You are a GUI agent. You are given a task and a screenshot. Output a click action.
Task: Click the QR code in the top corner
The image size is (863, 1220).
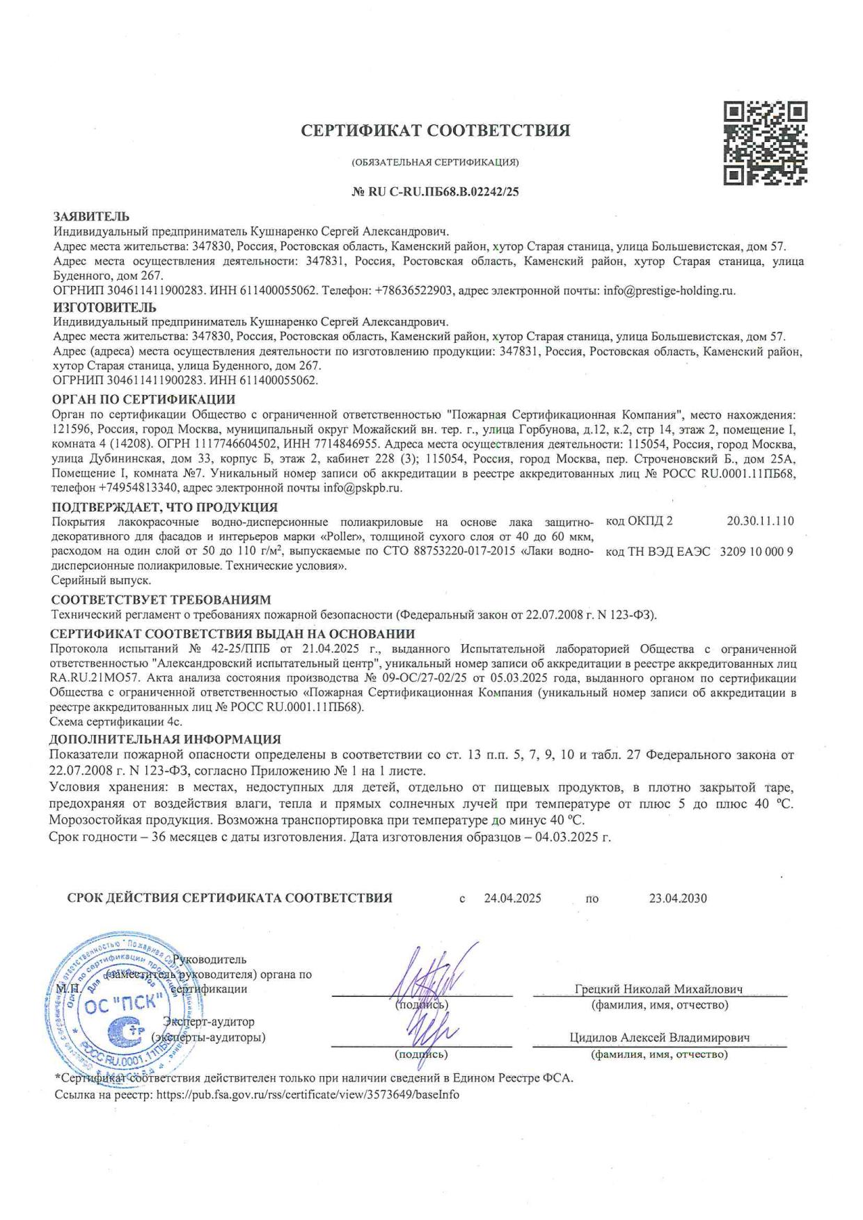tap(766, 143)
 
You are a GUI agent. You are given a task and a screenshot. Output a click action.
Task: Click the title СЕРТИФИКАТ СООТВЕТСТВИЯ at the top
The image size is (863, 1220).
tap(436, 130)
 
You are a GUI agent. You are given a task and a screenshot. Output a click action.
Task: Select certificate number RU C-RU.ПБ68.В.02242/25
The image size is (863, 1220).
tap(436, 192)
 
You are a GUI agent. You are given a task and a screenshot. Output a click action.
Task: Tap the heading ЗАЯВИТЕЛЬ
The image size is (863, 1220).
tap(91, 217)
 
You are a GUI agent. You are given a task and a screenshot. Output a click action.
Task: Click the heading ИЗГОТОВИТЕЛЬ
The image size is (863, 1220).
tap(105, 307)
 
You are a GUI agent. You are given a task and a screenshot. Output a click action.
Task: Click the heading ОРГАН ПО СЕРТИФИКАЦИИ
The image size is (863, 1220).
tap(144, 399)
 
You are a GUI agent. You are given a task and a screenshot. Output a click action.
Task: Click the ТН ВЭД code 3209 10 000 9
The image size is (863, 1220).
tap(757, 552)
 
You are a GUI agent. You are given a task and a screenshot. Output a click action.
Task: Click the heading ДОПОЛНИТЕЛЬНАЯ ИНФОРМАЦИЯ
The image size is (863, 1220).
tap(166, 739)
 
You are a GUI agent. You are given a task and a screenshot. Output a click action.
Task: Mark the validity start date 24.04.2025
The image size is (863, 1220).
tap(513, 898)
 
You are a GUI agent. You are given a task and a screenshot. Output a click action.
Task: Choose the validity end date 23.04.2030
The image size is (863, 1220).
tap(678, 898)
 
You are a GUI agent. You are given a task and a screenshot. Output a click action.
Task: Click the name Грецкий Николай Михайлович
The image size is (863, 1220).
tap(659, 989)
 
